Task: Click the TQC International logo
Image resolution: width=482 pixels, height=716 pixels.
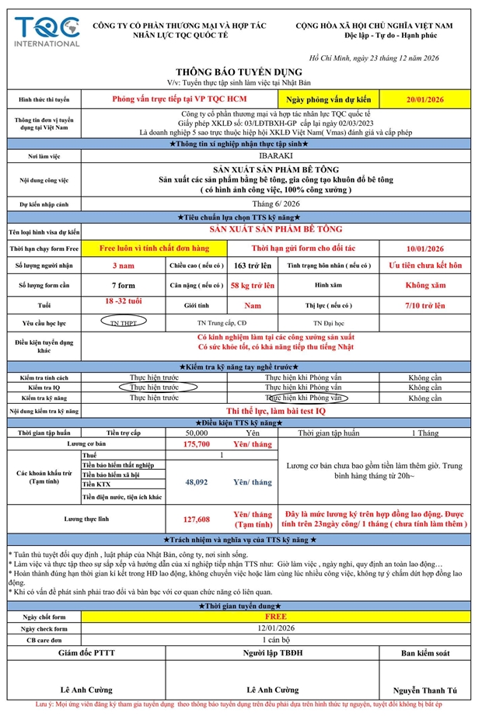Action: (47, 30)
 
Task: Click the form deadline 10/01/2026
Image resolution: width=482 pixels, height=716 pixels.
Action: (424, 249)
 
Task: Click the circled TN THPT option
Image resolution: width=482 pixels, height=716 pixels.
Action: (124, 322)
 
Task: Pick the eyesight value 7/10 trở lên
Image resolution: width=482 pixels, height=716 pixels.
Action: (424, 306)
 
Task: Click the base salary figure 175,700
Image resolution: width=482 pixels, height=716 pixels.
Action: (196, 444)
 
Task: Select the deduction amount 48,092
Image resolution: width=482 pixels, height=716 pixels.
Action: (196, 482)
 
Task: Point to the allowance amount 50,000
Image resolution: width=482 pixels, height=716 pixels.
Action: (196, 432)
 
